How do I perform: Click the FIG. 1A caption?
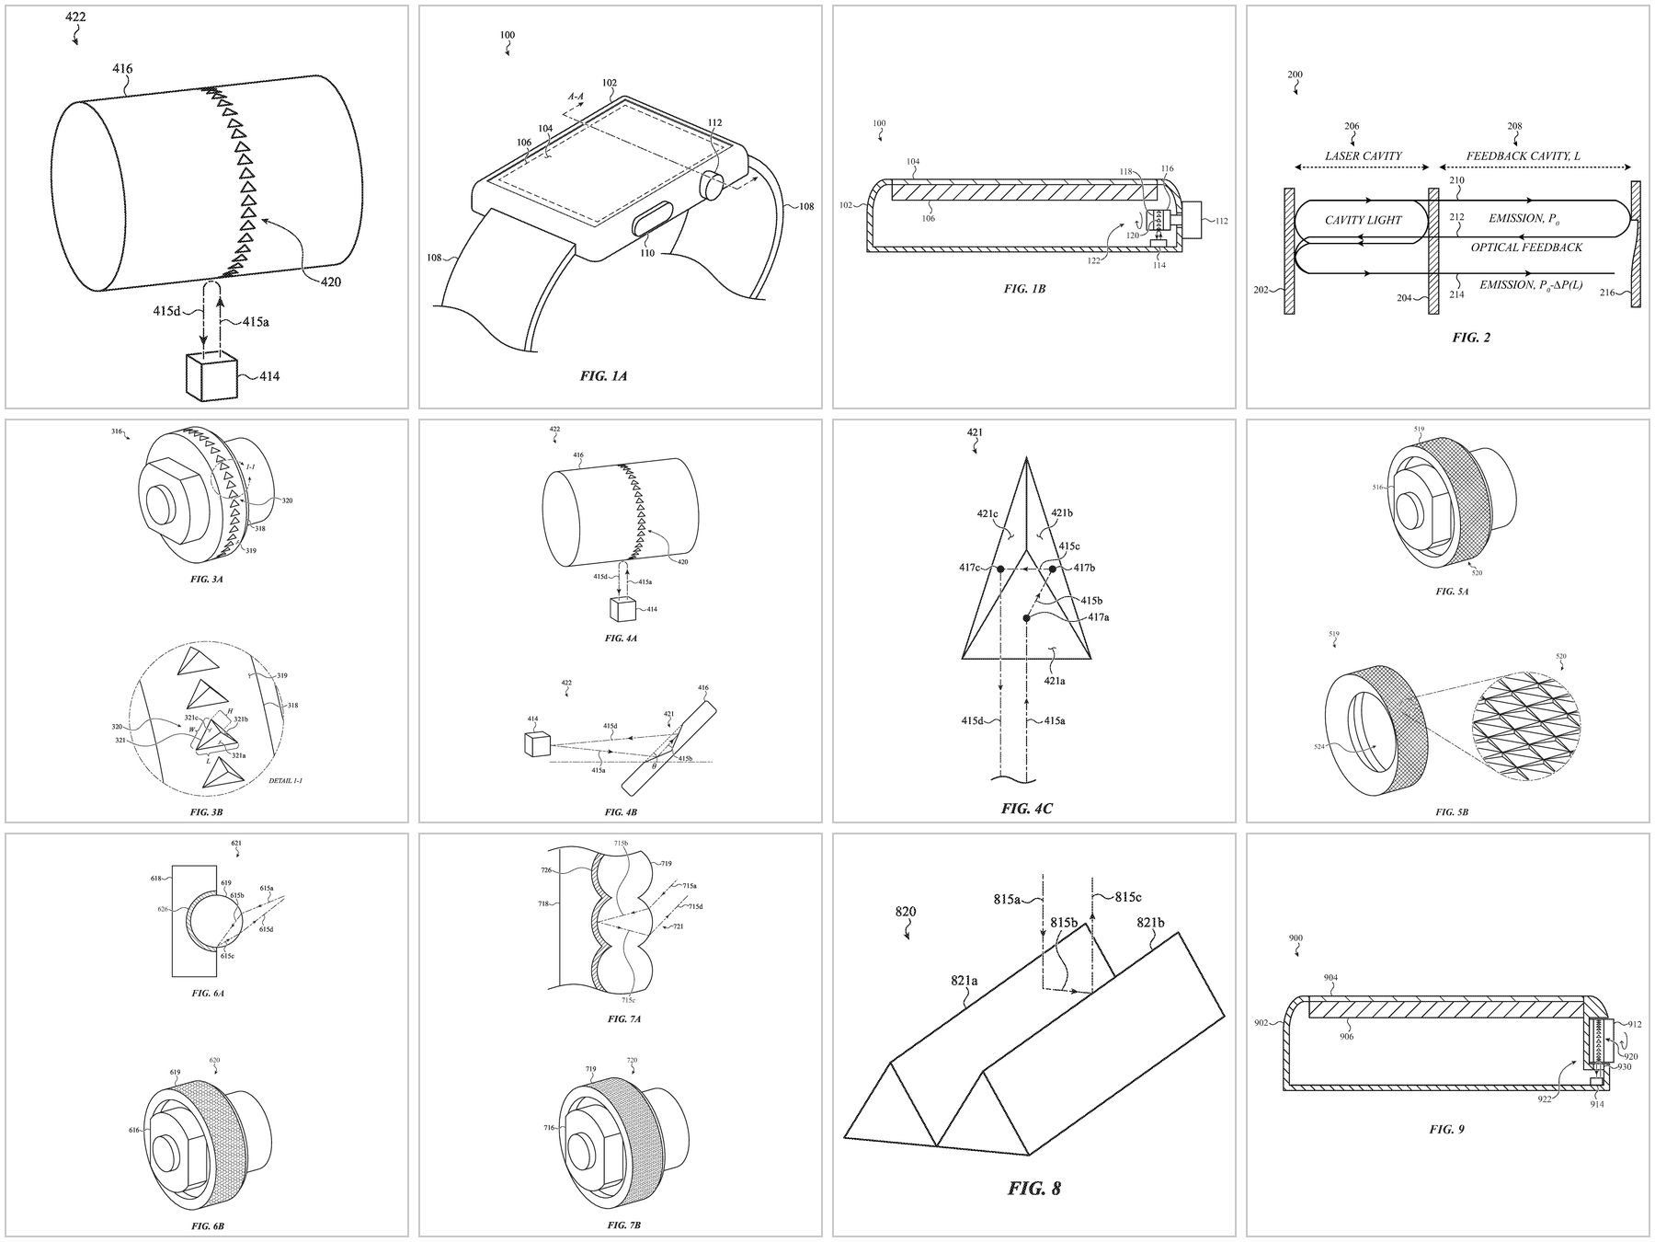click(603, 375)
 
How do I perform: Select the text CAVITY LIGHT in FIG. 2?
click(1363, 220)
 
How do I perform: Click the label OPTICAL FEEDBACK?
click(1526, 247)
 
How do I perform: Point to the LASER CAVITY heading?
click(1363, 155)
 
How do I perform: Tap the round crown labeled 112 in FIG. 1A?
click(714, 185)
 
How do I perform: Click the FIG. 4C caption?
click(1026, 809)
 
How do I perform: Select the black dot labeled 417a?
click(1026, 619)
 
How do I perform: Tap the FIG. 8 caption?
click(1033, 1189)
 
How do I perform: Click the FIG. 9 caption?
click(1447, 1128)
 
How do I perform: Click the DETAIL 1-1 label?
click(285, 780)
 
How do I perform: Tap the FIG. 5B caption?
click(1452, 812)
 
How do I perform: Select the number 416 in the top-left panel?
click(122, 68)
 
